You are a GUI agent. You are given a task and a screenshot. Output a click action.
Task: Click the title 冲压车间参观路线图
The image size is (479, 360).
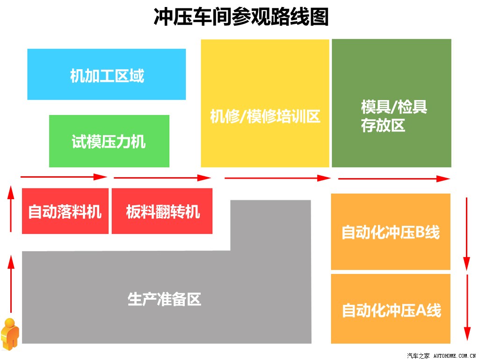pyautogui.click(x=241, y=17)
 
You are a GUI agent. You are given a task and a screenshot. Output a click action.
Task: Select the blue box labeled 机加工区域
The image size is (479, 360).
pyautogui.click(x=107, y=74)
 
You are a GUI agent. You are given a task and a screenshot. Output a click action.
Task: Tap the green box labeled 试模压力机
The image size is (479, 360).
pyautogui.click(x=109, y=141)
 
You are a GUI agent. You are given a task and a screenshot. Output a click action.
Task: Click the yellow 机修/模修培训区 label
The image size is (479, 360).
pyautogui.click(x=265, y=116)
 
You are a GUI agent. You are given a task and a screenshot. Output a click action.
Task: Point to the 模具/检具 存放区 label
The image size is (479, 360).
pyautogui.click(x=394, y=116)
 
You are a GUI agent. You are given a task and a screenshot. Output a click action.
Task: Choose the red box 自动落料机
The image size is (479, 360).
pyautogui.click(x=65, y=211)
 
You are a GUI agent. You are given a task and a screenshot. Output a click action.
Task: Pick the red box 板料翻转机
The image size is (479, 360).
pyautogui.click(x=162, y=211)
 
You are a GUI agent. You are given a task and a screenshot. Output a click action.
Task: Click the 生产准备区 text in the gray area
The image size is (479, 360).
pyautogui.click(x=164, y=299)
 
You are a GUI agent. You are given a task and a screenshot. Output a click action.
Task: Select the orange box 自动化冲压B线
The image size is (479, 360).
pyautogui.click(x=391, y=231)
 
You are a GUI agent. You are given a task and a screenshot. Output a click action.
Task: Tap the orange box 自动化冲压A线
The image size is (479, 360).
pyautogui.click(x=391, y=309)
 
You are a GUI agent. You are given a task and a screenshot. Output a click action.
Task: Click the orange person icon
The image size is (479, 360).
pyautogui.click(x=10, y=334)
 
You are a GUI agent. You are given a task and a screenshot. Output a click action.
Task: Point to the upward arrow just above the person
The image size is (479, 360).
pyautogui.click(x=11, y=284)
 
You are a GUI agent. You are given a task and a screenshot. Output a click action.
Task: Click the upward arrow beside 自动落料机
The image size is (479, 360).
pyautogui.click(x=11, y=209)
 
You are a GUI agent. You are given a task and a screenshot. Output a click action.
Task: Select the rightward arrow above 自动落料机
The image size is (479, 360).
pyautogui.click(x=64, y=177)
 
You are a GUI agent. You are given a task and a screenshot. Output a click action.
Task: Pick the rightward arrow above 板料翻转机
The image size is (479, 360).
pyautogui.click(x=162, y=178)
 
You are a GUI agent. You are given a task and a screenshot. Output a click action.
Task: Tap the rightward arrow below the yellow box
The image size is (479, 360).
pyautogui.click(x=277, y=178)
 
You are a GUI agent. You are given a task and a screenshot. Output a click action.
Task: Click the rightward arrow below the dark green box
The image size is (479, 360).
pyautogui.click(x=394, y=179)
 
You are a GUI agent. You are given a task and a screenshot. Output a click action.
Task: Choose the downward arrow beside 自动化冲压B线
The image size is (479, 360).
pyautogui.click(x=466, y=234)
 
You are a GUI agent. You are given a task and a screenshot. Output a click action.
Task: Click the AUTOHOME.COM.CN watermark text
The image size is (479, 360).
pyautogui.click(x=455, y=356)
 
